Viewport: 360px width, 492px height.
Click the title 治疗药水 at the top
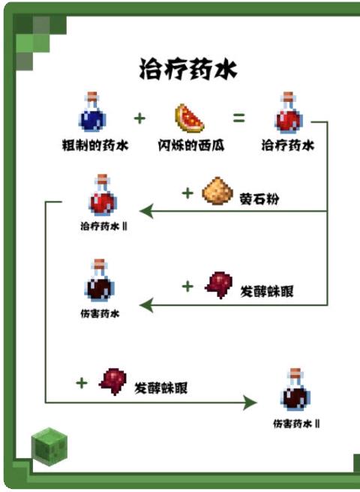click(x=188, y=69)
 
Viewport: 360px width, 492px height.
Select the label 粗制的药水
click(x=95, y=145)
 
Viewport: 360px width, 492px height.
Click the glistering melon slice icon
click(x=189, y=118)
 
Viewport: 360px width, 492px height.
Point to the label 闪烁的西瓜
click(x=191, y=145)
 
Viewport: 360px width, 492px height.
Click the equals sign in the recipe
click(x=238, y=118)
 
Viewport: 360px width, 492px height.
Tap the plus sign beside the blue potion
click(x=139, y=118)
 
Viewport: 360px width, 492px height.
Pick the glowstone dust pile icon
click(x=217, y=190)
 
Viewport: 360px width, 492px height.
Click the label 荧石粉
click(x=259, y=199)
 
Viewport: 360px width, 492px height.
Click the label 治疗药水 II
click(x=104, y=226)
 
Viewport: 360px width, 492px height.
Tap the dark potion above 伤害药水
click(x=100, y=280)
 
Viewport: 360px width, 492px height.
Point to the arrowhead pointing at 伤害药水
click(x=146, y=305)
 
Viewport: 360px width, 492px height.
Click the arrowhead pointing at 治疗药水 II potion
click(x=146, y=211)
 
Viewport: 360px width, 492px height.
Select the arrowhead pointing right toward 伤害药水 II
click(x=250, y=402)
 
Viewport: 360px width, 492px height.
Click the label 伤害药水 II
click(x=296, y=424)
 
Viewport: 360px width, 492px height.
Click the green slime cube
click(x=49, y=446)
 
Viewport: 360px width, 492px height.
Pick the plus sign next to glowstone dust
click(x=187, y=193)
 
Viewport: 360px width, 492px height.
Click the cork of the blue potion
click(x=92, y=96)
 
